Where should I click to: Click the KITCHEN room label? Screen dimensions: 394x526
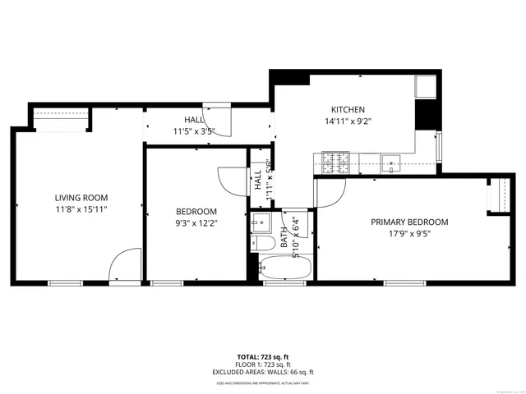click(x=348, y=110)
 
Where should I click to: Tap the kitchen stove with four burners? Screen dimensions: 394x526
click(x=336, y=163)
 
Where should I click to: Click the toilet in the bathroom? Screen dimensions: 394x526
click(x=264, y=244)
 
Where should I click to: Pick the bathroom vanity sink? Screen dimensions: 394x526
click(x=261, y=222)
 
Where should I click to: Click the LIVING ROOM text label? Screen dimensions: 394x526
click(x=81, y=198)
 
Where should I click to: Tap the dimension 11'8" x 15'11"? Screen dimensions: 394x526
click(x=81, y=210)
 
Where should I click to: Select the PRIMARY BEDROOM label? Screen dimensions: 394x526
click(x=409, y=222)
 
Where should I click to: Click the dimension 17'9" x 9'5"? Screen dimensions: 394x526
click(x=409, y=234)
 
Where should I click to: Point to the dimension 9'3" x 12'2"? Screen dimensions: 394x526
click(x=196, y=223)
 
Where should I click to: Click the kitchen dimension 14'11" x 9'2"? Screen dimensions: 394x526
click(x=348, y=121)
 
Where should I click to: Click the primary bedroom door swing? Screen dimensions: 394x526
click(x=329, y=192)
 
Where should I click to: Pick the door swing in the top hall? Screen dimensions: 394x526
click(x=219, y=119)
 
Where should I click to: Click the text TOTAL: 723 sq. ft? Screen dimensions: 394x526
click(x=263, y=357)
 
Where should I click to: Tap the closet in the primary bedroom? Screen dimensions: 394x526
click(x=496, y=196)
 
